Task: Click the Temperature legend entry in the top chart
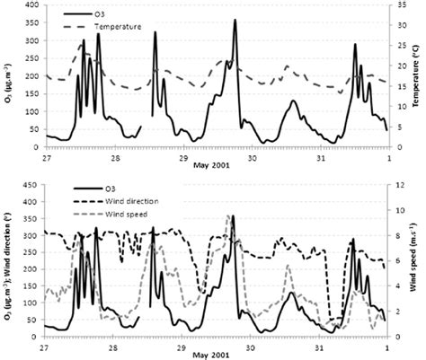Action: pos(111,27)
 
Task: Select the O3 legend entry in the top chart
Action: pos(99,14)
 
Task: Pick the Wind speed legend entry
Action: pos(111,215)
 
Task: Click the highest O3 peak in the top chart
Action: pos(235,20)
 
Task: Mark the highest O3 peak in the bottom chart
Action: pos(233,216)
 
